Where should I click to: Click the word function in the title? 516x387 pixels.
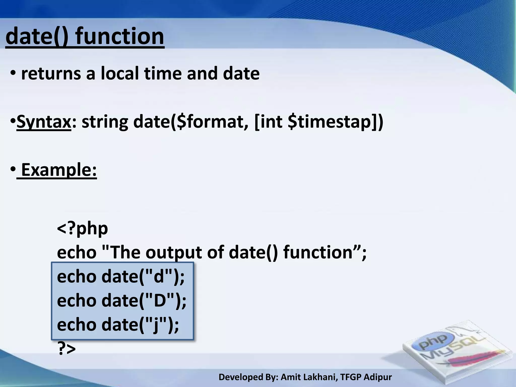(120, 37)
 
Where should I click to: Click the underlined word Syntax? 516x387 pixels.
(44, 122)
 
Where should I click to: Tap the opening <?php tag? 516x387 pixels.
(82, 228)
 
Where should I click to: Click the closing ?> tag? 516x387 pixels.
(67, 349)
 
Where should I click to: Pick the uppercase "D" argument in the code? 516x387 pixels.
(160, 300)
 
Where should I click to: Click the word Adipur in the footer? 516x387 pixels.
(378, 377)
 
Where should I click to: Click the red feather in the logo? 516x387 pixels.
(474, 358)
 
